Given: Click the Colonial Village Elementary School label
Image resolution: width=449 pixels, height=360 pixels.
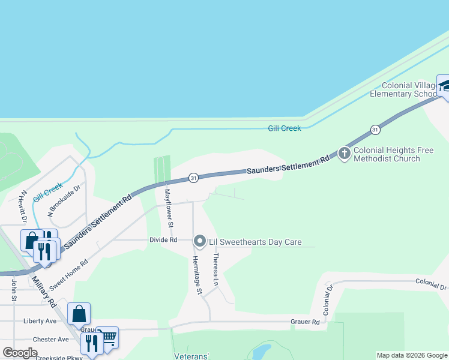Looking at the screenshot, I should (x=403, y=89).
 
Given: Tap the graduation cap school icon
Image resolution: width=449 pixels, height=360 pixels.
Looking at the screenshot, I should (x=444, y=86).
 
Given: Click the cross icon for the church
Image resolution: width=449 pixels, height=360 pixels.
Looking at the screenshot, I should (x=345, y=154).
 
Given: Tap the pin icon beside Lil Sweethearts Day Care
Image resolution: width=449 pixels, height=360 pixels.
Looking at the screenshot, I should (x=200, y=242).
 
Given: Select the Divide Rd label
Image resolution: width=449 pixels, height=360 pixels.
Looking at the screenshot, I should (x=163, y=240).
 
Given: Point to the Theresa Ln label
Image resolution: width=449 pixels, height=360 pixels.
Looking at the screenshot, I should (x=215, y=269).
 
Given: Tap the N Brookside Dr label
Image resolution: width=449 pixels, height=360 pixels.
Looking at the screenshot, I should (x=64, y=200).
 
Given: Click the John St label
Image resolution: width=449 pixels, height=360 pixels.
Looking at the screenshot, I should (x=13, y=289).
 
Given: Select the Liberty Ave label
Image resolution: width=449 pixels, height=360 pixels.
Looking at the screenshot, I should (x=40, y=321).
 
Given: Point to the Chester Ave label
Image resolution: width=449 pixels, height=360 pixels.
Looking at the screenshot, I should (x=51, y=339).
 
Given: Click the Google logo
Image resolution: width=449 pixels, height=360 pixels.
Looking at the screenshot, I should (x=20, y=353).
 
